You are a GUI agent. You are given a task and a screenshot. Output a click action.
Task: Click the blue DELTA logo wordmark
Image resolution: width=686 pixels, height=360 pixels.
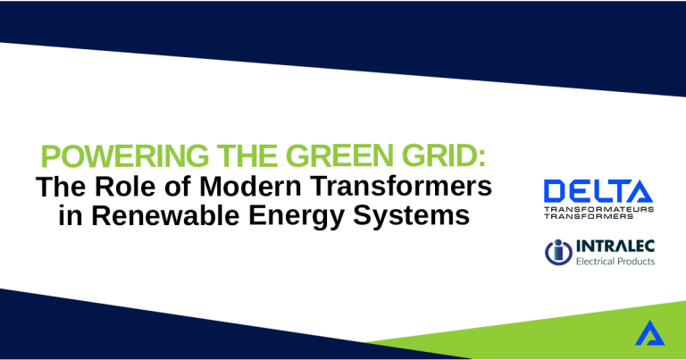coord(598,191)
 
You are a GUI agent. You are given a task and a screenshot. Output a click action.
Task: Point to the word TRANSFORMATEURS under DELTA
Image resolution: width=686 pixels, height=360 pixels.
coord(598,209)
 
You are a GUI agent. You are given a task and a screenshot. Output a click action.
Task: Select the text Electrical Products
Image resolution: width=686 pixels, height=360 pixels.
coord(615,261)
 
